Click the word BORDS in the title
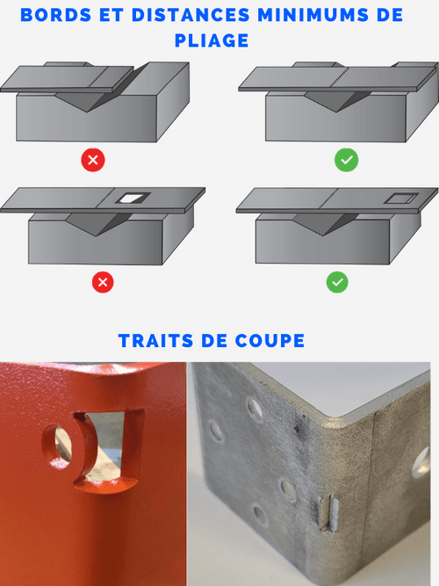point(54,15)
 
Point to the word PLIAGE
point(219,40)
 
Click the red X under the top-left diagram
point(93,160)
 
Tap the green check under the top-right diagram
point(346,160)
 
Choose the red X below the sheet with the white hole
point(104,282)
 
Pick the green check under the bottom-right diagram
point(337,282)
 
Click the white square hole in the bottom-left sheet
point(133,199)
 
